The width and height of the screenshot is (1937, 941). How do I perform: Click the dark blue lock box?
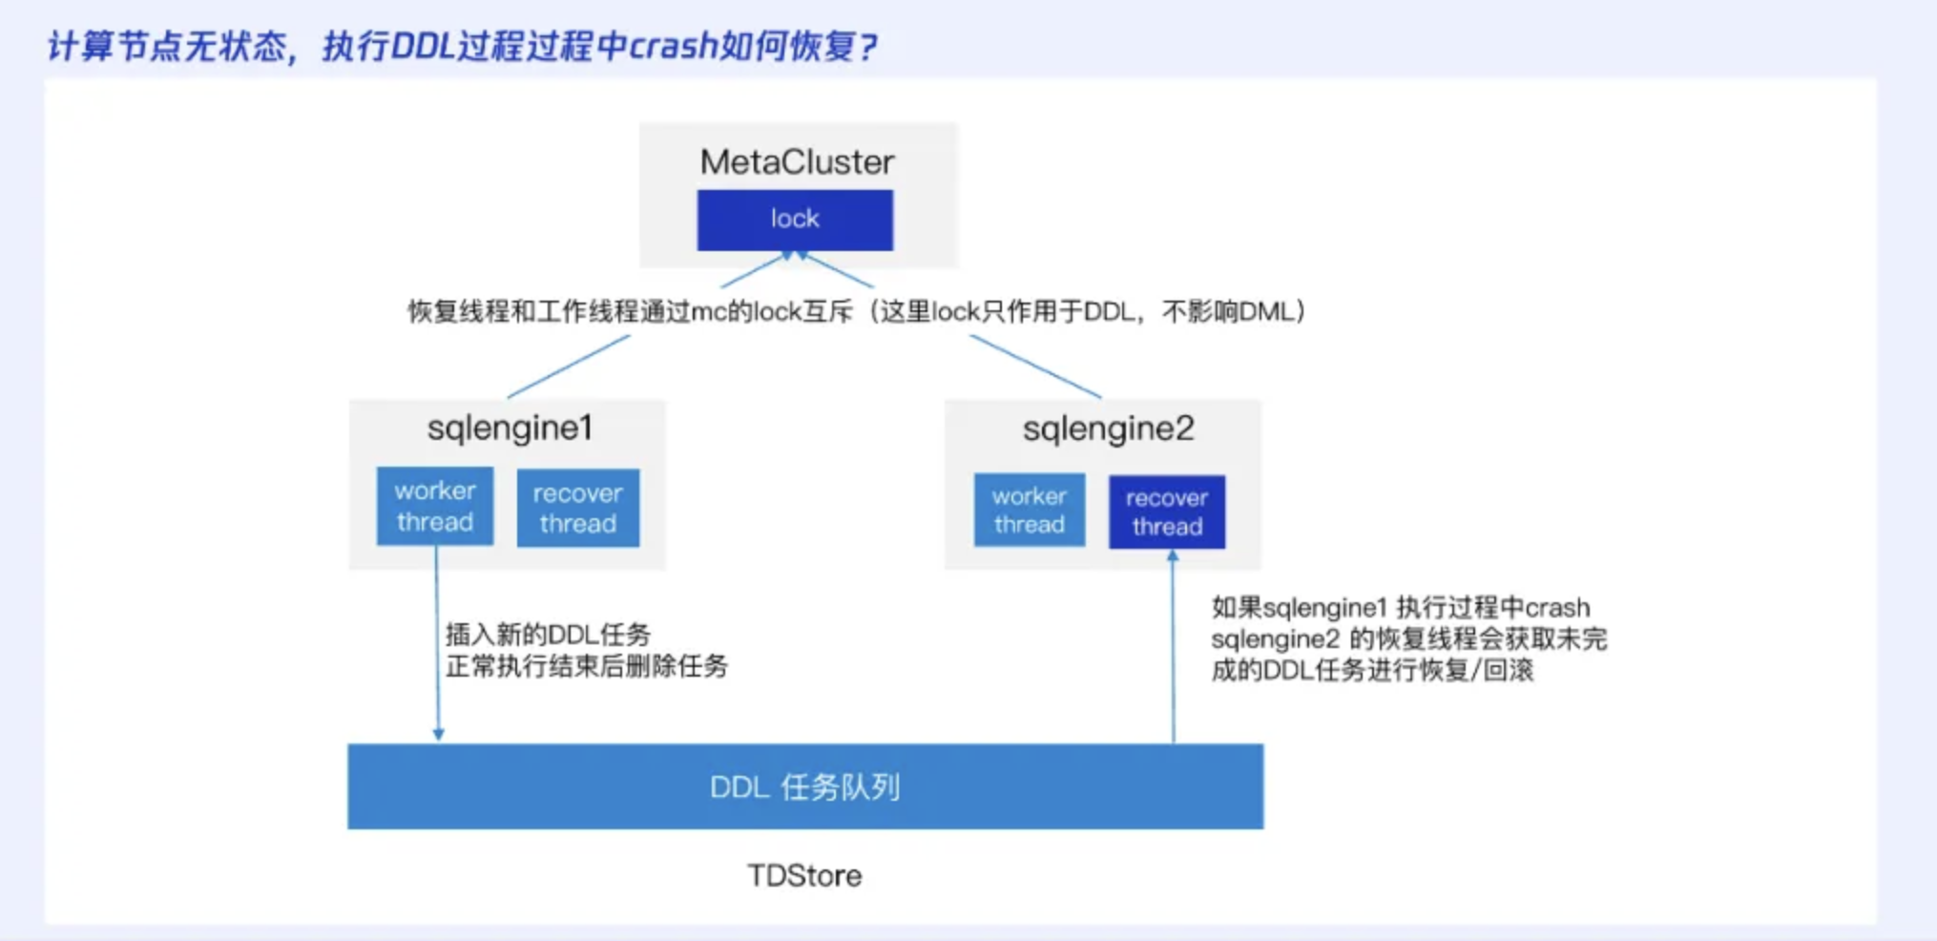click(795, 220)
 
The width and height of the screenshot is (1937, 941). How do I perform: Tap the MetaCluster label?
click(797, 162)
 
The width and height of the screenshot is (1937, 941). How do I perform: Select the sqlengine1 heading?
click(510, 428)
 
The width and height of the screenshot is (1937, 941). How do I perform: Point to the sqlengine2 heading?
click(1108, 429)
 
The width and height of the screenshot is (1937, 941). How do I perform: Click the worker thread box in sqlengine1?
click(435, 506)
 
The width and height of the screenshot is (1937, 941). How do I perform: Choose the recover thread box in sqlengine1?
click(577, 508)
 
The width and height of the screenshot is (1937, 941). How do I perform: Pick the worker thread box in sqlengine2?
click(1029, 511)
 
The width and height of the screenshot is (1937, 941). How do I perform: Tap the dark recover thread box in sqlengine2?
click(1166, 512)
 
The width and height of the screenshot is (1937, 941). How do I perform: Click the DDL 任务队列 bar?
click(804, 786)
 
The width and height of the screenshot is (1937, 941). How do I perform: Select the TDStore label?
click(804, 875)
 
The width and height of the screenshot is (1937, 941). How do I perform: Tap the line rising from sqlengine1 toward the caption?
click(569, 366)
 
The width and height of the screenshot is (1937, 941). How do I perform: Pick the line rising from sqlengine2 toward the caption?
click(1035, 366)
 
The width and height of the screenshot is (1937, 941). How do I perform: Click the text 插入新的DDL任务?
click(548, 635)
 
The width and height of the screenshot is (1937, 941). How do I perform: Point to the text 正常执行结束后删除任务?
click(586, 666)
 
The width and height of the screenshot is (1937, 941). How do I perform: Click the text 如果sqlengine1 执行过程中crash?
click(1400, 608)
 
